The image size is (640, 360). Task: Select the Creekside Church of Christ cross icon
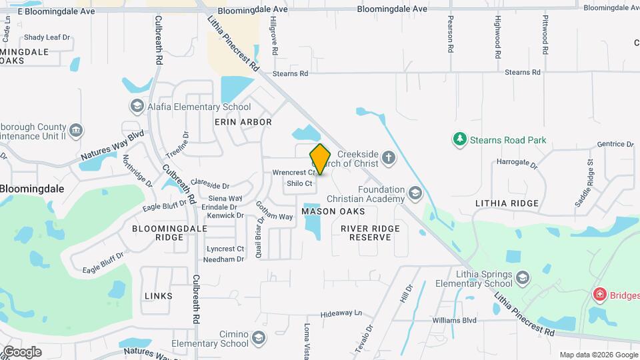[x=389, y=159]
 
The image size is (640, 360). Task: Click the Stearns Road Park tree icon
[x=459, y=139]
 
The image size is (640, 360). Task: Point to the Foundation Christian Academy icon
[x=415, y=194]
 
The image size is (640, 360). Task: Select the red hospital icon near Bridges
[x=600, y=295]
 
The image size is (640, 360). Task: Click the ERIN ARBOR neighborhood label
[x=243, y=122]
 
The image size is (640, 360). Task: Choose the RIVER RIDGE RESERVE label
[x=370, y=233]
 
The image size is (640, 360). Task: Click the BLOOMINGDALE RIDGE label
[x=158, y=233]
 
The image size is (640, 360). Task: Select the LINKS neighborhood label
[x=158, y=295]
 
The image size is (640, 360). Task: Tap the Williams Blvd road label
[x=454, y=320]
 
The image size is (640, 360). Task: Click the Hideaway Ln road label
[x=341, y=313]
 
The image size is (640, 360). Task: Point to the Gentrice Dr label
[x=615, y=144]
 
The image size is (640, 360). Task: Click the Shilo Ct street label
[x=299, y=183]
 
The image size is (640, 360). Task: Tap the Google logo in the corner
[x=22, y=351]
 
